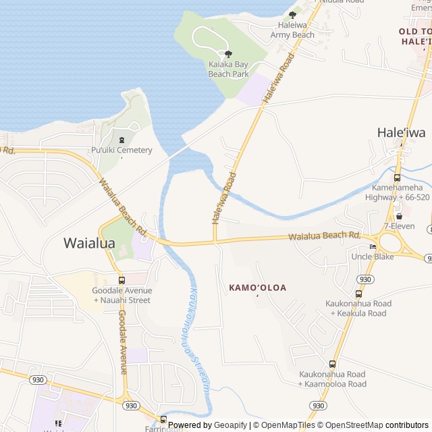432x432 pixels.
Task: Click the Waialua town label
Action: [89, 243]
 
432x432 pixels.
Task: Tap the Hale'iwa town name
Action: [401, 132]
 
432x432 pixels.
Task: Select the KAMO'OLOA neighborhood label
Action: [257, 288]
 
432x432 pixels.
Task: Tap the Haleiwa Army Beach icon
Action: [292, 14]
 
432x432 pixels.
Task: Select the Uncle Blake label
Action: [372, 256]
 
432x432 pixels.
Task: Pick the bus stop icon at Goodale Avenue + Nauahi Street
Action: [122, 280]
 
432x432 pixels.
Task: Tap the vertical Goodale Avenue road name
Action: [122, 342]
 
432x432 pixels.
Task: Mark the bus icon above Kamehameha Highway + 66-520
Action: [397, 178]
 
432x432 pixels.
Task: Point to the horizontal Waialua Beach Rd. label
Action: [324, 236]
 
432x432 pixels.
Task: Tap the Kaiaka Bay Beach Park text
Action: [228, 69]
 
